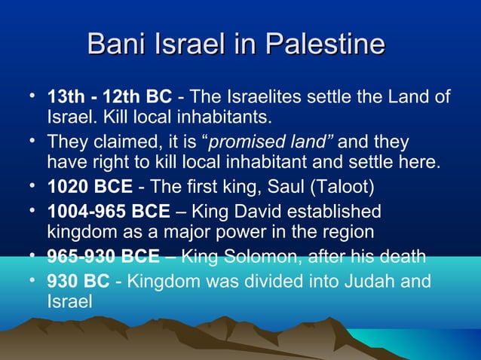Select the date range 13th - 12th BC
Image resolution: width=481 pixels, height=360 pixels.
click(x=109, y=97)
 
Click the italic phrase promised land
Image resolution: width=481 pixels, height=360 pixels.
click(x=274, y=142)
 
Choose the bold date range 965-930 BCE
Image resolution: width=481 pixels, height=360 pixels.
click(x=103, y=258)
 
